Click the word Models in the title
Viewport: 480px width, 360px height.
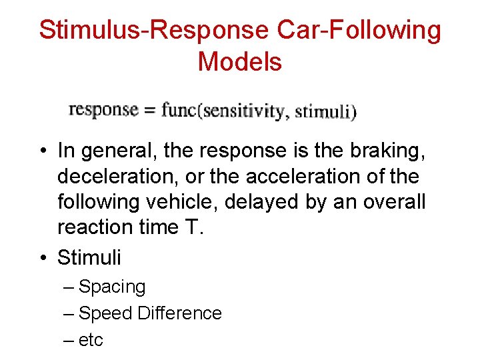[x=240, y=62]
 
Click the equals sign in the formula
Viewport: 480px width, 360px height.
[x=149, y=110]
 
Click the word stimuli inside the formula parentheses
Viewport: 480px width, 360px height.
[x=323, y=111]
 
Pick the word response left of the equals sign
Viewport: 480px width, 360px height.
[x=103, y=109]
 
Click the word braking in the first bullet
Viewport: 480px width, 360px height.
[x=389, y=151]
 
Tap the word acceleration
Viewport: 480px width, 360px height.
[x=309, y=177]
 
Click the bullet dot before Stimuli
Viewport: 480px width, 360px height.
[x=42, y=257]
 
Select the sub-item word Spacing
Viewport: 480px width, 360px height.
[x=112, y=287]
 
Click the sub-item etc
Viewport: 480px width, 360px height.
[x=91, y=340]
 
